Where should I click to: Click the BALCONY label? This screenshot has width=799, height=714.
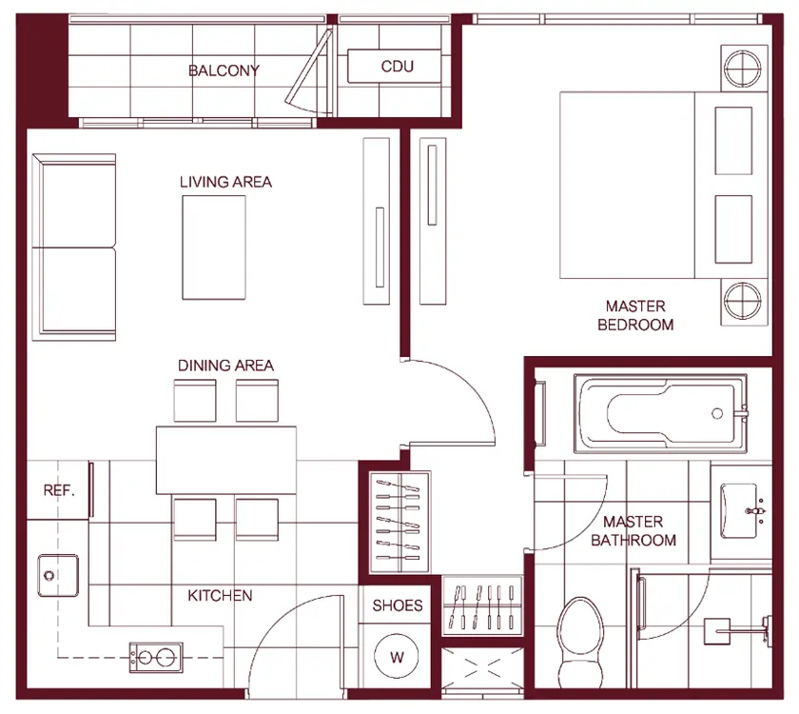pyautogui.click(x=224, y=70)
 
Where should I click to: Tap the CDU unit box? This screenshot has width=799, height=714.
pyautogui.click(x=394, y=66)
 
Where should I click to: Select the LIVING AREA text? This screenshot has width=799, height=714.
pyautogui.click(x=225, y=182)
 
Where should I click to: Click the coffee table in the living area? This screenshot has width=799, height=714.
pyautogui.click(x=214, y=248)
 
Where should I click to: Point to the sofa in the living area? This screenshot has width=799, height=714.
pyautogui.click(x=74, y=247)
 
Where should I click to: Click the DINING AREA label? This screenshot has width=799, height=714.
pyautogui.click(x=225, y=366)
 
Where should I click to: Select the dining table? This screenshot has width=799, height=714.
pyautogui.click(x=226, y=460)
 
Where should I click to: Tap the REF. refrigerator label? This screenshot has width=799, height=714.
pyautogui.click(x=59, y=490)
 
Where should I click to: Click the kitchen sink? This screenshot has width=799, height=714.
pyautogui.click(x=58, y=576)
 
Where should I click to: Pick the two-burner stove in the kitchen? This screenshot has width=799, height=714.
pyautogui.click(x=156, y=658)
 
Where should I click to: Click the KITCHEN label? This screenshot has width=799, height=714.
pyautogui.click(x=220, y=596)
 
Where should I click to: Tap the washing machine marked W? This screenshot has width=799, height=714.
pyautogui.click(x=397, y=656)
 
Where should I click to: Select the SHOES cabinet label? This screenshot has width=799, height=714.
pyautogui.click(x=398, y=605)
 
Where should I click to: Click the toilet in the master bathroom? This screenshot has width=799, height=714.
pyautogui.click(x=580, y=644)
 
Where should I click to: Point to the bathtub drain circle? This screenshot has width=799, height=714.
pyautogui.click(x=717, y=413)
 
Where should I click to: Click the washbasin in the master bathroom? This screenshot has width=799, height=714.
pyautogui.click(x=739, y=510)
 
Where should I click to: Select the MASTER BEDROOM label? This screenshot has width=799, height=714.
pyautogui.click(x=635, y=315)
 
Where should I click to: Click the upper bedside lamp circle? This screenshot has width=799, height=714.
pyautogui.click(x=743, y=69)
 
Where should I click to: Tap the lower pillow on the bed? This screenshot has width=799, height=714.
pyautogui.click(x=733, y=229)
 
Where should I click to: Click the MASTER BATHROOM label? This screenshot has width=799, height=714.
pyautogui.click(x=633, y=531)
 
